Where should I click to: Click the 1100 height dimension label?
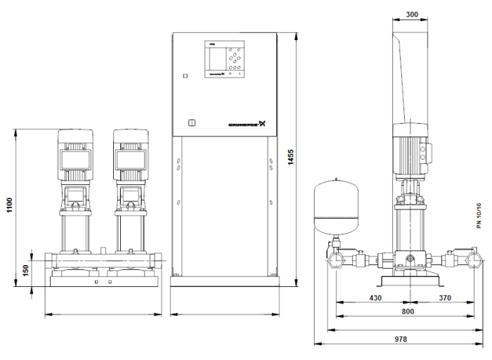point(9,207)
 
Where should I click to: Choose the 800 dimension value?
point(407,311)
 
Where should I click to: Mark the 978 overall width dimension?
point(400,340)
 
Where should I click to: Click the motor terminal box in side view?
point(425,155)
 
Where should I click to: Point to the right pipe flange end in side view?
point(473,261)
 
